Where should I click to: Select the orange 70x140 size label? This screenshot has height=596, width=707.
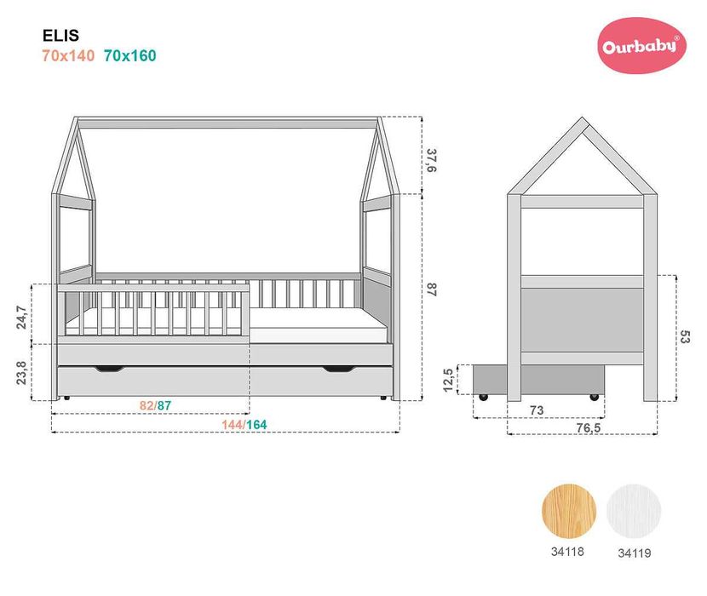pyautogui.click(x=68, y=56)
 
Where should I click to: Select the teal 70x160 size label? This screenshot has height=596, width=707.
pyautogui.click(x=129, y=56)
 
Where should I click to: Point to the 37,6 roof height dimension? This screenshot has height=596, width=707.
pyautogui.click(x=432, y=161)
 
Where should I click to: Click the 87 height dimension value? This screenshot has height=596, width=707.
pyautogui.click(x=432, y=289)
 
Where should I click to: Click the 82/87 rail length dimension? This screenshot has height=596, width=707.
pyautogui.click(x=155, y=406)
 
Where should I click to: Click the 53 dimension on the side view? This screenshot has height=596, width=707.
pyautogui.click(x=684, y=337)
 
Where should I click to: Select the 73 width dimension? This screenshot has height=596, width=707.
pyautogui.click(x=536, y=410)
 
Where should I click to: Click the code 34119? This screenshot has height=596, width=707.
pyautogui.click(x=634, y=552)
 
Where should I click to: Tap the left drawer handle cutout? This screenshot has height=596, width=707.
pyautogui.click(x=108, y=369)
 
